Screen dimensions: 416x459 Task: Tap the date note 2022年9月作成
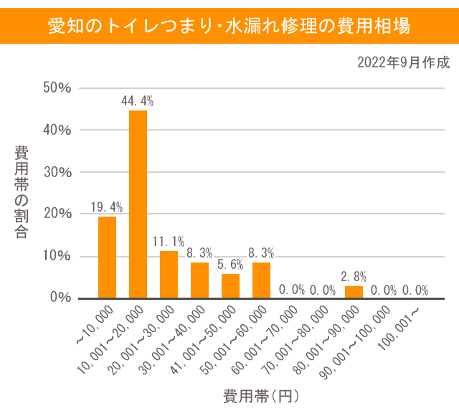pyautogui.click(x=403, y=62)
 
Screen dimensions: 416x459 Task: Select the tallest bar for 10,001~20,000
pyautogui.click(x=138, y=204)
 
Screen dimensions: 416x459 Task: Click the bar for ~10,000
pyautogui.click(x=107, y=257)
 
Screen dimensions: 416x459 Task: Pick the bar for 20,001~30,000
pyautogui.click(x=169, y=274)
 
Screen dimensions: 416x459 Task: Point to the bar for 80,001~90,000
pyautogui.click(x=354, y=292)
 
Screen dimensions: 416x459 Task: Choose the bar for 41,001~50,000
pyautogui.click(x=230, y=285)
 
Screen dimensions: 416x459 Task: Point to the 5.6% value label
pyautogui.click(x=230, y=265)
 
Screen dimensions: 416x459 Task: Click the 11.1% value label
pyautogui.click(x=169, y=242)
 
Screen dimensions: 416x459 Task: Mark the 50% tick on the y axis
pyautogui.click(x=57, y=88)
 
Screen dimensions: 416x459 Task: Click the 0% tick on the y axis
pyautogui.click(x=61, y=298)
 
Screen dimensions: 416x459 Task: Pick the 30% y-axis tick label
pyautogui.click(x=57, y=172)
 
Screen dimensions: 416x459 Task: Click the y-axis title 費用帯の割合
pyautogui.click(x=22, y=192)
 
